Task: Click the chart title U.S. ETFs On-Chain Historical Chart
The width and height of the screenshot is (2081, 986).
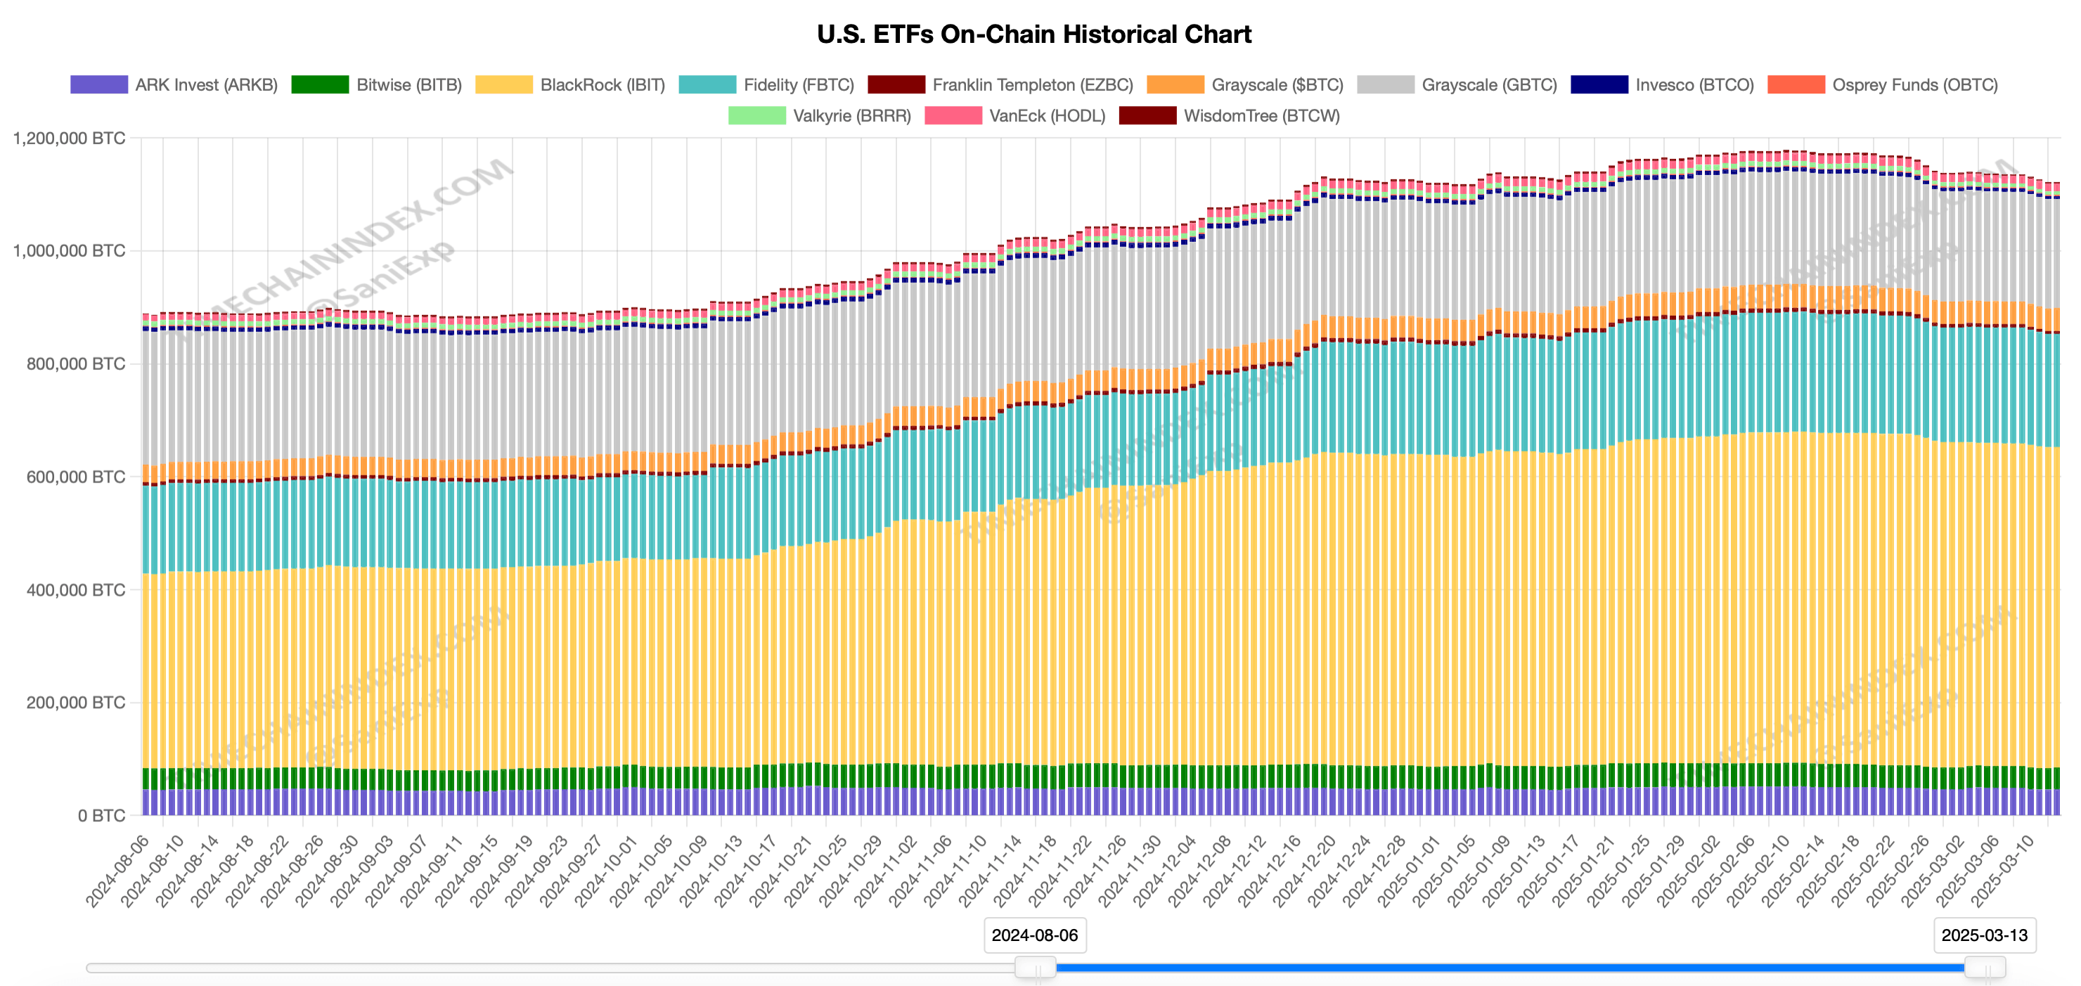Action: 1034,34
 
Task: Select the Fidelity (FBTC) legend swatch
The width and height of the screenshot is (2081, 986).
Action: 707,85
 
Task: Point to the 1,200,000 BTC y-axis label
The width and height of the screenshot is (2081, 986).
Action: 70,139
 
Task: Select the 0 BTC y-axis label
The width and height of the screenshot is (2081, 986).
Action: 101,816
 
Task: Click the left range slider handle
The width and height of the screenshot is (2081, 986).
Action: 1035,966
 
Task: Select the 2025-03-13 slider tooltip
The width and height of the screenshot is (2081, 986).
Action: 1984,935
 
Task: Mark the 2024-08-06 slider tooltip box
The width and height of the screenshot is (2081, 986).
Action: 1035,935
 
